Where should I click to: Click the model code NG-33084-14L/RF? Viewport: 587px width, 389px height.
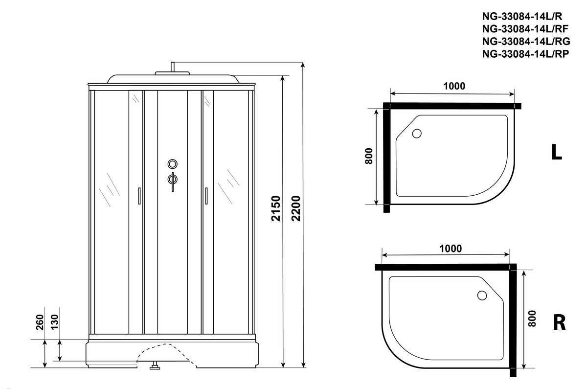[x=525, y=29]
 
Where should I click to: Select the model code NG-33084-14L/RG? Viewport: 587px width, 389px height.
[x=526, y=42]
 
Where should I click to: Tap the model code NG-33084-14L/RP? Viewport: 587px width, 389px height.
[x=526, y=54]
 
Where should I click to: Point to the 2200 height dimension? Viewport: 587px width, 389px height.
[x=296, y=208]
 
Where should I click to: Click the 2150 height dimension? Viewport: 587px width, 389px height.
[x=276, y=208]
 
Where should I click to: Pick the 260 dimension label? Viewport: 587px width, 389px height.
[x=39, y=322]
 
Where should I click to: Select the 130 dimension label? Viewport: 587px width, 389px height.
[x=54, y=322]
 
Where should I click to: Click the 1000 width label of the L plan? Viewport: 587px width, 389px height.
[x=454, y=86]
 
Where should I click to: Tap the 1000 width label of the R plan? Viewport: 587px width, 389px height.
[x=451, y=249]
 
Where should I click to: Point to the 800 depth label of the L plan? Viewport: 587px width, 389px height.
[x=369, y=156]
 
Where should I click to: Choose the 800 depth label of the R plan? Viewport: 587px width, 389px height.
[x=532, y=319]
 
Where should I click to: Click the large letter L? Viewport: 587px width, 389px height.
[x=557, y=152]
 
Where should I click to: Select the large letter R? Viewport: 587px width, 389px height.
[x=559, y=322]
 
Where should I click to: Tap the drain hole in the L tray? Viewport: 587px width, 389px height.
[x=417, y=134]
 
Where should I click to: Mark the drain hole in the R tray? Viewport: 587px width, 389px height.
[x=482, y=296]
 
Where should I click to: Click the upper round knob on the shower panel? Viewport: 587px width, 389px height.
[x=172, y=164]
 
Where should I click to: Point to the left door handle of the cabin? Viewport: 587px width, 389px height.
[x=139, y=196]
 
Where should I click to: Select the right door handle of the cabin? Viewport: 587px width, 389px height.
[x=206, y=196]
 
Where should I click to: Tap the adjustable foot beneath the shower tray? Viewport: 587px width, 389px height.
[x=155, y=366]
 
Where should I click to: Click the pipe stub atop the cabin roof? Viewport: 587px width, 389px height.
[x=172, y=67]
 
